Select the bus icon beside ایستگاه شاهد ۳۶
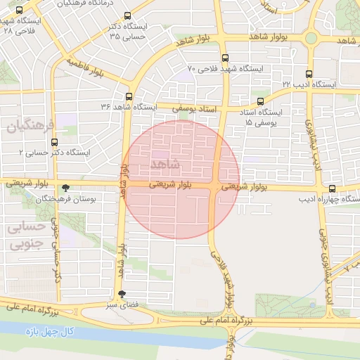tap(128, 96)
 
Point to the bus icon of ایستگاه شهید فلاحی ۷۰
tap(224, 58)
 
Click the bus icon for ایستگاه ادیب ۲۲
tap(309, 73)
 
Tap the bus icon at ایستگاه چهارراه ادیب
tap(332, 188)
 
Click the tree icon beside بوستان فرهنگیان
tap(66, 188)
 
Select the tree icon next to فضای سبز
tap(122, 295)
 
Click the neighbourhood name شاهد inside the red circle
tap(165, 164)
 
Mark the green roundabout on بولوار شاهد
tap(311, 37)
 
